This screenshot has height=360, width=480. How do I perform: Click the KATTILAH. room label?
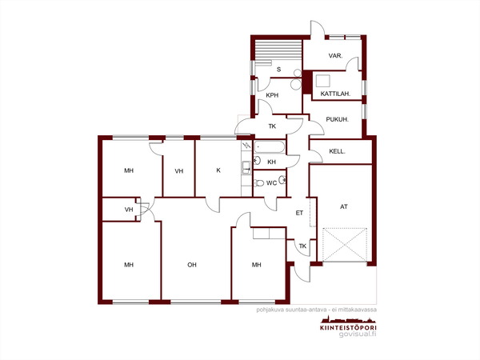[x=335, y=94]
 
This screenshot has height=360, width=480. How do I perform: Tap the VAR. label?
[x=335, y=56]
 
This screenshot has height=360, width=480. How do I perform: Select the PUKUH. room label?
[x=337, y=119]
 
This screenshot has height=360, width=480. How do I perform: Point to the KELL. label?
[x=337, y=151]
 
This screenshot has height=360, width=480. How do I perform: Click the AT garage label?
[x=344, y=206]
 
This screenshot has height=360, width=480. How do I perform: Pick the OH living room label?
[x=192, y=265]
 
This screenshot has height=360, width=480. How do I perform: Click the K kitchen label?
[x=218, y=170]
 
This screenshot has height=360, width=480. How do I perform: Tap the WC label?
[x=271, y=183]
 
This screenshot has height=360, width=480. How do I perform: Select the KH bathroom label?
[x=271, y=162]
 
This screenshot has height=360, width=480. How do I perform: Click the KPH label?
[x=272, y=95]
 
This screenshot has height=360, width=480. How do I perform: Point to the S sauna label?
[x=278, y=70]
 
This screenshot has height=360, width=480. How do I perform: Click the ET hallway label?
[x=299, y=213]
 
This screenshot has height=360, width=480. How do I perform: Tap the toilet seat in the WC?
[x=259, y=183]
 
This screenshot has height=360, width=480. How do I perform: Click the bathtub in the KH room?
[x=270, y=147]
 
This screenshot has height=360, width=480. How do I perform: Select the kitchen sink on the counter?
[x=246, y=168]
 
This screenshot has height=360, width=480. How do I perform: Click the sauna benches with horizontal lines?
[x=278, y=51]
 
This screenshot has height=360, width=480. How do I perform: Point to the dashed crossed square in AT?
[x=345, y=245]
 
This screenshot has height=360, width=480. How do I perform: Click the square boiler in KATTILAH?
[x=323, y=81]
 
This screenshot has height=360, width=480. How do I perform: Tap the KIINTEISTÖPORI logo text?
[x=348, y=328]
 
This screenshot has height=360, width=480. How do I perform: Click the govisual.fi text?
[x=358, y=334]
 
